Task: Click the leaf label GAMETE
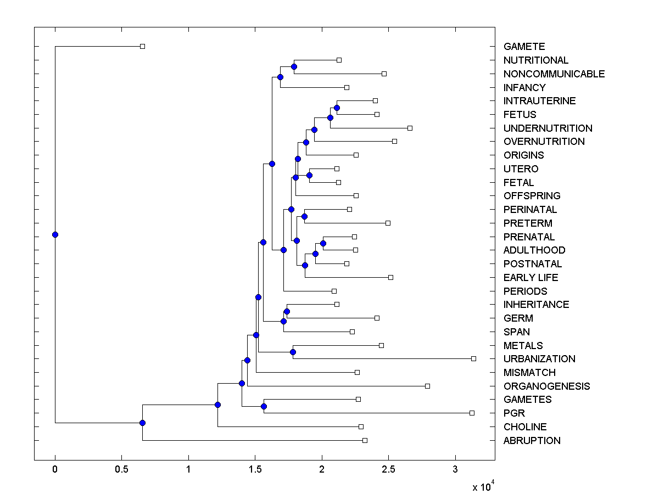524,47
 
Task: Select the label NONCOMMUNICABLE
554,74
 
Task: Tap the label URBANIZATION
539,358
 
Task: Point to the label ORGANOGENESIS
546,386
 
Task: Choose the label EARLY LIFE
530,277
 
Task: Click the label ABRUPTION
532,440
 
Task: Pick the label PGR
514,413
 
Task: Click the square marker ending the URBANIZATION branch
473,358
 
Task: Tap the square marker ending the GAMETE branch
142,46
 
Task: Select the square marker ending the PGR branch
472,413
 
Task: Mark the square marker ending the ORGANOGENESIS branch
427,386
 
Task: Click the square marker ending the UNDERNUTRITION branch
410,128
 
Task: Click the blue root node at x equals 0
55,234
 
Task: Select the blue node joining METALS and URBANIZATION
293,352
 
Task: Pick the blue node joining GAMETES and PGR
264,406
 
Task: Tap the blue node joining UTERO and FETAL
309,175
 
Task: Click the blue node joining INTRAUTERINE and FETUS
337,108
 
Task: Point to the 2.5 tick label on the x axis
388,469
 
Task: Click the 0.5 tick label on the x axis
121,469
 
